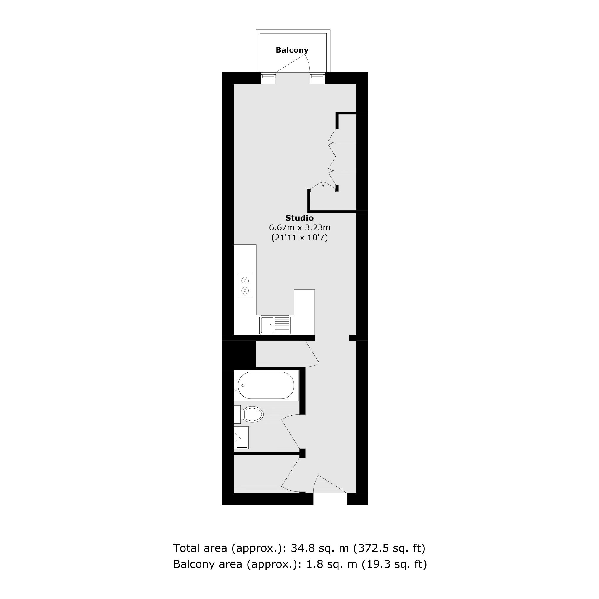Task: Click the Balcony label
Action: (x=292, y=50)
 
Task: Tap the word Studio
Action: (x=299, y=218)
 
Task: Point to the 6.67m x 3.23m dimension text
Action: (x=299, y=227)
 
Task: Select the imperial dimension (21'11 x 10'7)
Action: (x=299, y=238)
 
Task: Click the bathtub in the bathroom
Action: (x=266, y=385)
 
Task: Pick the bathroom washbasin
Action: (x=241, y=437)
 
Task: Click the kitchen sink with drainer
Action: (x=275, y=325)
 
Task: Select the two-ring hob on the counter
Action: (x=245, y=285)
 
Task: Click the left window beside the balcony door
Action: (x=268, y=78)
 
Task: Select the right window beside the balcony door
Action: (x=317, y=78)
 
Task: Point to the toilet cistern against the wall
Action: (x=238, y=414)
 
